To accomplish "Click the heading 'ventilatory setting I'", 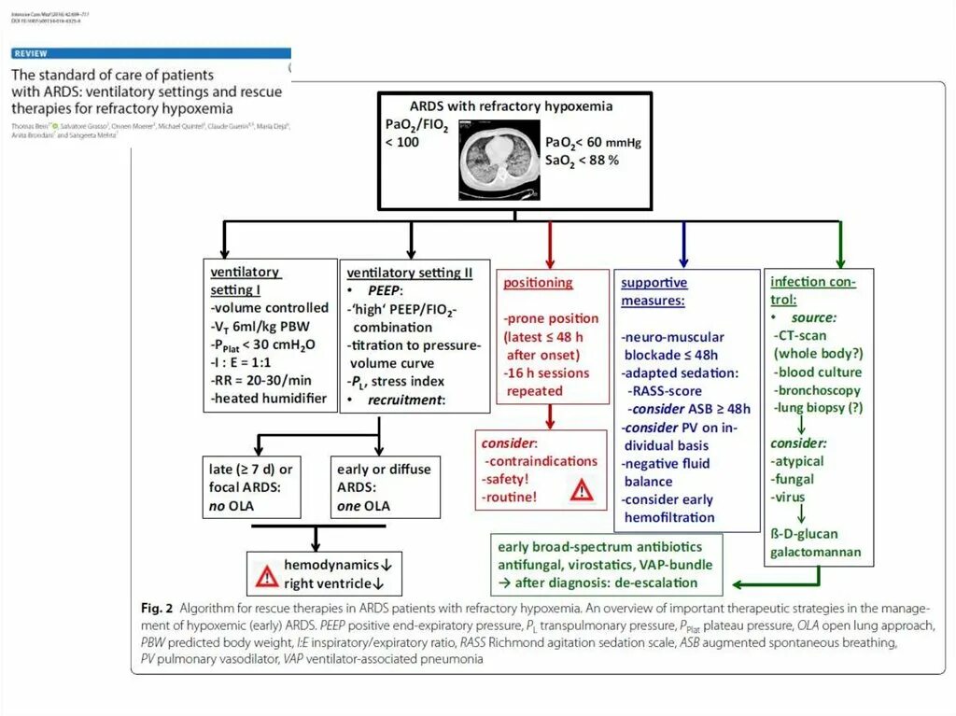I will click(x=245, y=280).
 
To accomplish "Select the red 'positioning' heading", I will click(x=538, y=282).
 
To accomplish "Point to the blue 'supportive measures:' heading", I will click(x=654, y=291).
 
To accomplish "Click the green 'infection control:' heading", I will click(x=812, y=290).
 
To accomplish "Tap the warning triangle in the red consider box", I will click(x=582, y=488).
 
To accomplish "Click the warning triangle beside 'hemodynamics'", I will click(x=268, y=575).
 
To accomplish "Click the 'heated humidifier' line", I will click(x=269, y=398).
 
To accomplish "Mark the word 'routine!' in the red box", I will click(x=511, y=497).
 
